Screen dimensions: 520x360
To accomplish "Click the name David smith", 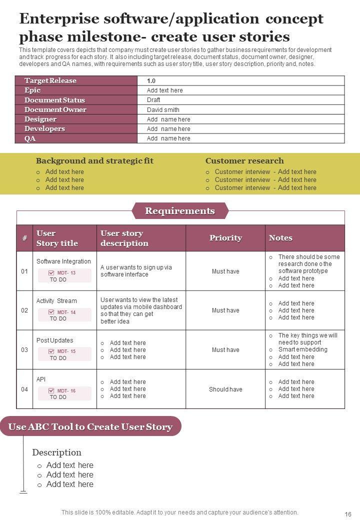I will click(163, 110).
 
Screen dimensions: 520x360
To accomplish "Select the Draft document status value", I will click(153, 100).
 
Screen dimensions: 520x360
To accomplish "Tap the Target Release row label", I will click(50, 81).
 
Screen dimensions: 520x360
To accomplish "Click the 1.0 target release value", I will click(151, 81).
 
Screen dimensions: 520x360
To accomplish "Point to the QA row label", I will click(30, 138).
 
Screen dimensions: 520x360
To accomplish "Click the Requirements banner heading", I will click(180, 211).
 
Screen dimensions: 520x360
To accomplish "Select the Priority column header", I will click(225, 238).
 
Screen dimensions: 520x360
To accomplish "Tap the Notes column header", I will click(280, 238).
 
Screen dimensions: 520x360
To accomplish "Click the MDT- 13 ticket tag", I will click(66, 273).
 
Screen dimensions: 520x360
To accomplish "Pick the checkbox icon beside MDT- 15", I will click(51, 351).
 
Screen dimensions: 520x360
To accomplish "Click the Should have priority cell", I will click(225, 389).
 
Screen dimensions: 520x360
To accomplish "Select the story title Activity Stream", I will click(56, 301).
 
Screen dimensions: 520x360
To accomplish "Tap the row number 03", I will click(24, 350).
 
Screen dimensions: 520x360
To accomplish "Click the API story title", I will click(41, 379).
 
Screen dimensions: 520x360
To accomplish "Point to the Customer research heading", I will click(244, 161).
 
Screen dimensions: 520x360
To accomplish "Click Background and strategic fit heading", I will click(94, 161).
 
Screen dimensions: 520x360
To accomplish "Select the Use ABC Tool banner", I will click(90, 426).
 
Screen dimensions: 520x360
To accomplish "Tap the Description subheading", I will click(57, 452).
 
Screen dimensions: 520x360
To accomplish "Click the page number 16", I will click(348, 514).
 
